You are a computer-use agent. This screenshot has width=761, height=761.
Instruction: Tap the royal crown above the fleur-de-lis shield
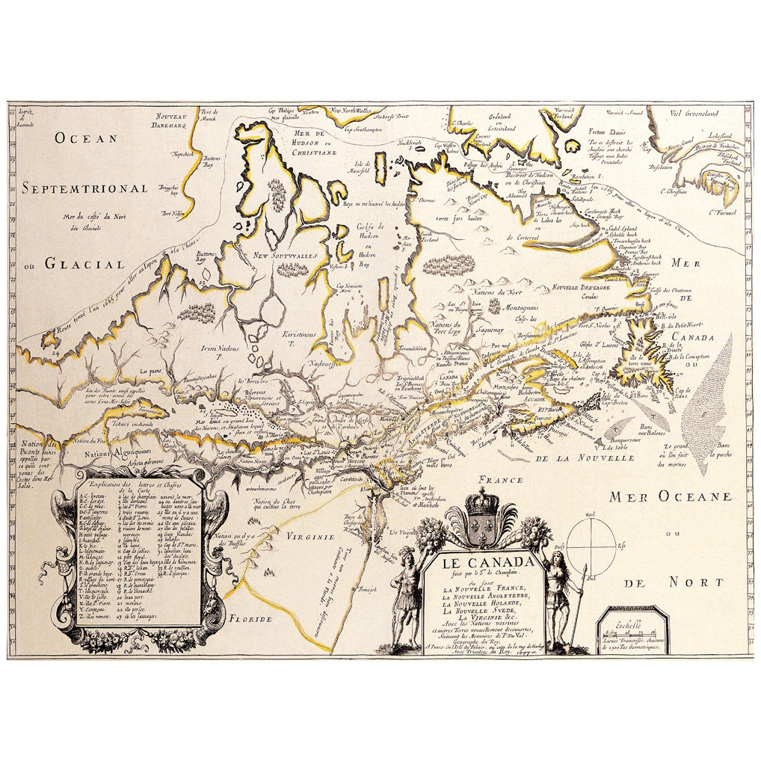pyautogui.click(x=481, y=503)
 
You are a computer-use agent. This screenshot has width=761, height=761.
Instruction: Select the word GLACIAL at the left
pyautogui.click(x=82, y=263)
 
